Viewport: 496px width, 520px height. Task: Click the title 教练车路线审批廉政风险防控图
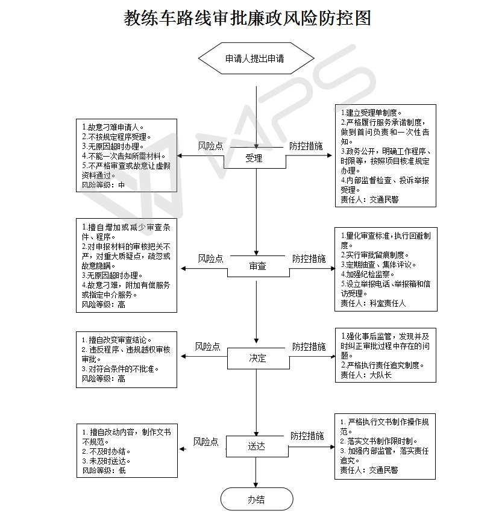(248, 17)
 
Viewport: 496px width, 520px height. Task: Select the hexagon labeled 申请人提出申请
(256, 58)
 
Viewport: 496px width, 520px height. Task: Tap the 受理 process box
(255, 158)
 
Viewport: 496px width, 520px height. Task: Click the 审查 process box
(258, 266)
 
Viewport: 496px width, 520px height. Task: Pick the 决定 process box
(258, 358)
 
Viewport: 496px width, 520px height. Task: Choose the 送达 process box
(257, 446)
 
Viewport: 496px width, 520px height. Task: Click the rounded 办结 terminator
(257, 499)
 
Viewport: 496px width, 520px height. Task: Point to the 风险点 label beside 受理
(211, 146)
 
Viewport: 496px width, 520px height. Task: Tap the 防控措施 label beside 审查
(309, 258)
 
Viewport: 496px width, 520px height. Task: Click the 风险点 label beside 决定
(207, 346)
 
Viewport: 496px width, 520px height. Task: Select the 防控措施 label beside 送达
(307, 436)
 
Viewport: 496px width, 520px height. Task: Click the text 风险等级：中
(103, 185)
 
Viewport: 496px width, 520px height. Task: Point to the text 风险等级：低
(104, 470)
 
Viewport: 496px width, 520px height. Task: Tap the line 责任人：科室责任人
(373, 303)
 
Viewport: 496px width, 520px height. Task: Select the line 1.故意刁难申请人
(113, 127)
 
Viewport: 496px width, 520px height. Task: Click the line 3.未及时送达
(106, 460)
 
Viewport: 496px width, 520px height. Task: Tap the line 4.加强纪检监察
(367, 274)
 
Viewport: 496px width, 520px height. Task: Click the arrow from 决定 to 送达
(256, 403)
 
